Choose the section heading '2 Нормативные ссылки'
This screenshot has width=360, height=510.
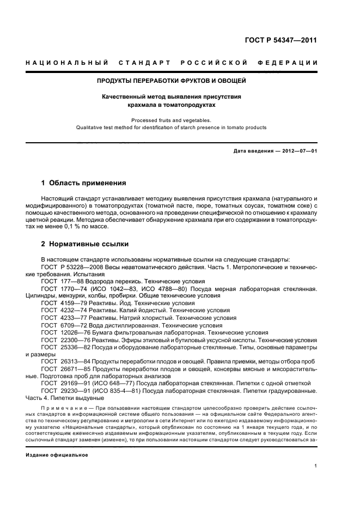(85, 244)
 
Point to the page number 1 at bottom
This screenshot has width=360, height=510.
(315, 466)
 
